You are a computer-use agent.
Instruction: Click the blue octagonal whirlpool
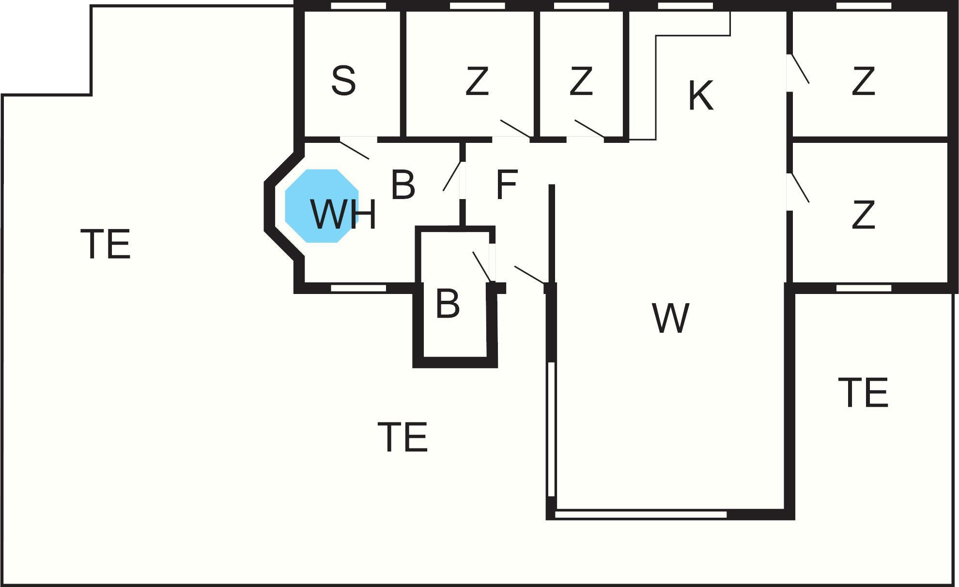coord(322,206)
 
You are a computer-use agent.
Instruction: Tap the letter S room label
coord(343,81)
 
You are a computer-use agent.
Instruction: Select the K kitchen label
coord(700,96)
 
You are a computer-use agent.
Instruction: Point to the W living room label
coord(671,318)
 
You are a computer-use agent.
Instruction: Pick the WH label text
coord(343,214)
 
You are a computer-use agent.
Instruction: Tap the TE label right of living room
coord(863,392)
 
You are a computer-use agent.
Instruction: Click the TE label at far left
coord(106,244)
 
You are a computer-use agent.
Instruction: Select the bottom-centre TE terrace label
coord(402,437)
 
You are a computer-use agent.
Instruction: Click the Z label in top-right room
coord(863,81)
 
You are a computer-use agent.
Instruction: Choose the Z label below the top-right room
coord(863,215)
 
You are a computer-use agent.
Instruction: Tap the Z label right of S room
coord(477,81)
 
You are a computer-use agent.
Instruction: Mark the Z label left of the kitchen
coord(581,81)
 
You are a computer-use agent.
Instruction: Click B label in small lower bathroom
coord(448,304)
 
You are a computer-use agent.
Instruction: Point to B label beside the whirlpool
coord(402,185)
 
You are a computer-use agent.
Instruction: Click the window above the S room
coord(358,6)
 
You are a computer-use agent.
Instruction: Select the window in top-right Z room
coord(864,6)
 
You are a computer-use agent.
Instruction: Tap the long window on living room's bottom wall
coord(641,514)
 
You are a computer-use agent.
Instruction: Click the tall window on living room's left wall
coord(551,429)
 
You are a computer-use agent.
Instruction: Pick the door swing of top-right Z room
coord(800,69)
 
